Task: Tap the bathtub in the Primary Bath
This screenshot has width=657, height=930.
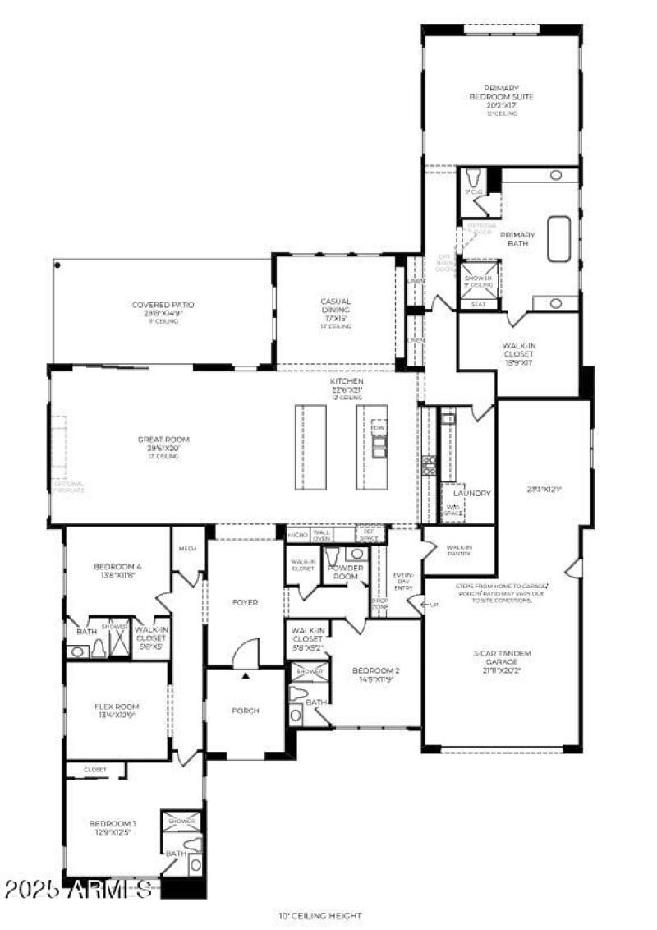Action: pos(559,239)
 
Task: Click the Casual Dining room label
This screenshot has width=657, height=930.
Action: pos(336,307)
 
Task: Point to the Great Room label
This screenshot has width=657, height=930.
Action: pos(159,444)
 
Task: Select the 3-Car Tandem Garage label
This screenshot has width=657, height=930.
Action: pos(503,659)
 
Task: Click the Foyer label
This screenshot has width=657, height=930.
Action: pos(245,602)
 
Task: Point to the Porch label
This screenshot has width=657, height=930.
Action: pos(245,711)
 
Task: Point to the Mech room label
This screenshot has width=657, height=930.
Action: pos(188,550)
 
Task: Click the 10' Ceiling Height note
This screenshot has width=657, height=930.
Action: pos(320,915)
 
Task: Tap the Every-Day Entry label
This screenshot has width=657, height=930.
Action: pos(403,580)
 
